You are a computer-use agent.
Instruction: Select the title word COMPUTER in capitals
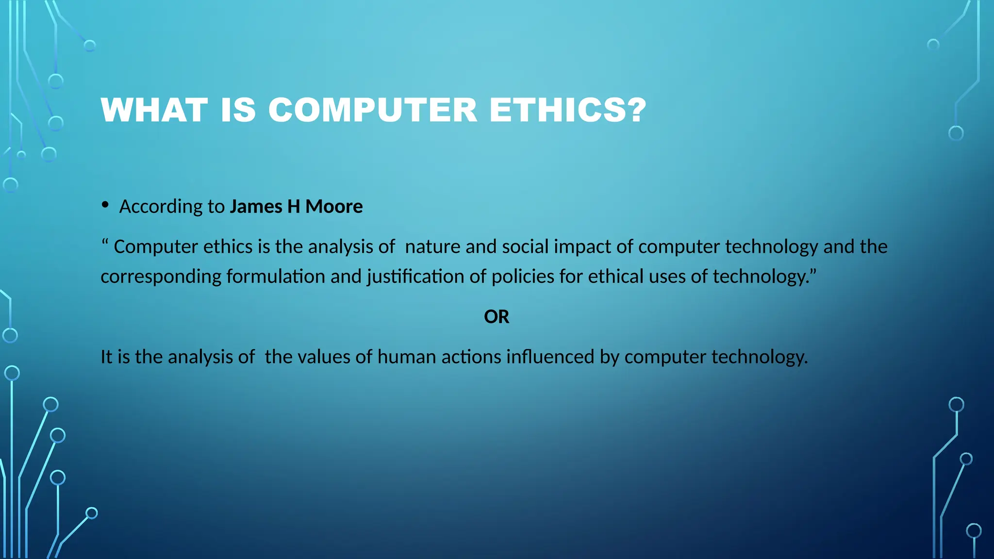[373, 110]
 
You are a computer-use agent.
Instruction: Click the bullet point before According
[105, 205]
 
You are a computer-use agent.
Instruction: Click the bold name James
[256, 207]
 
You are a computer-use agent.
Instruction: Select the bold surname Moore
[334, 207]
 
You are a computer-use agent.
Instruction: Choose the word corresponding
[161, 277]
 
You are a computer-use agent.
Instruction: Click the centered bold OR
[497, 317]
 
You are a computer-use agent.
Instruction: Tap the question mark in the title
[636, 110]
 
